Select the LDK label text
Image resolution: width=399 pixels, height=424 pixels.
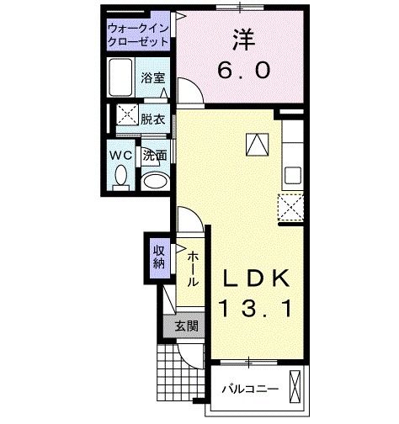pyautogui.click(x=257, y=278)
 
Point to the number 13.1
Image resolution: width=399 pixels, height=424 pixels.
pyautogui.click(x=257, y=309)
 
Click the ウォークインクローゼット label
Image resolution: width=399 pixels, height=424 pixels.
pyautogui.click(x=139, y=36)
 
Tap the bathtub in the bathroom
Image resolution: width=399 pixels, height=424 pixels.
pyautogui.click(x=124, y=81)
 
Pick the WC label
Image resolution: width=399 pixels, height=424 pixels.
pyautogui.click(x=119, y=154)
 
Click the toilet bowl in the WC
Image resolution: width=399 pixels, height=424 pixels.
pyautogui.click(x=120, y=177)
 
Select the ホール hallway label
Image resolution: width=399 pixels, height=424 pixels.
pyautogui.click(x=193, y=268)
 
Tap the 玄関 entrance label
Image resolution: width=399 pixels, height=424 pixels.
pyautogui.click(x=186, y=326)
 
